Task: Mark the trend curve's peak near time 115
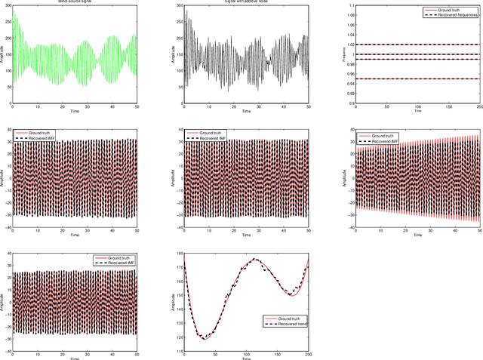[255, 259]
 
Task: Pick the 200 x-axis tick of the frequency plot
[479, 107]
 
